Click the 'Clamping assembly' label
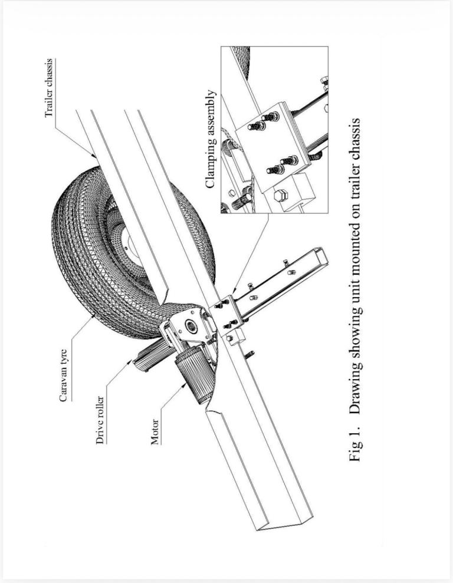211,139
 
